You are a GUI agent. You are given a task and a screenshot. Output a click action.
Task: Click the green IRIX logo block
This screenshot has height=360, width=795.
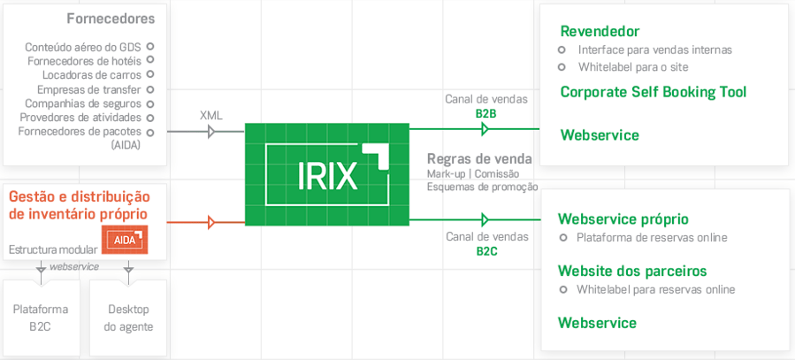[327, 173]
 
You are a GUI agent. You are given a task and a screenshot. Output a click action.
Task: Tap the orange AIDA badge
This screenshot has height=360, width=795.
[125, 240]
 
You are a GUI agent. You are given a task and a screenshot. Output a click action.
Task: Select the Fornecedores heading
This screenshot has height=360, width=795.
[111, 19]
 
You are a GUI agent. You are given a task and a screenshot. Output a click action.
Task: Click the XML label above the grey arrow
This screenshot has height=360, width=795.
[211, 115]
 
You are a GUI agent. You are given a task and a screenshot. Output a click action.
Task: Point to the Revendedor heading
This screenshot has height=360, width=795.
[600, 32]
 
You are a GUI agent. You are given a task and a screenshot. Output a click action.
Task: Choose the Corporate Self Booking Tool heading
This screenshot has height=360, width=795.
[654, 92]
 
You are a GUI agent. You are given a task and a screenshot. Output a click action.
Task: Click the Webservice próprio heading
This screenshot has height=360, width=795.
[623, 218]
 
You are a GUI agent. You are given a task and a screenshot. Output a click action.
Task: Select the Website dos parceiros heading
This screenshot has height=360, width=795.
[632, 271]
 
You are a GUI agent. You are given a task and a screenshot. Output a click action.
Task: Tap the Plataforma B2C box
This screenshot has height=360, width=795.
[42, 318]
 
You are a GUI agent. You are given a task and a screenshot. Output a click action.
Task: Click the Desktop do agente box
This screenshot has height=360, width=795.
[128, 318]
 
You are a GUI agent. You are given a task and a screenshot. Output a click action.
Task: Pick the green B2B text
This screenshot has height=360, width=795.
[486, 113]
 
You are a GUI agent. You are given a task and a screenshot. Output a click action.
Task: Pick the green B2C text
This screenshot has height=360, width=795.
[486, 251]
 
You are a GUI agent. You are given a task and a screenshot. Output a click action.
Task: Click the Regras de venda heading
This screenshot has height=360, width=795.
[479, 159]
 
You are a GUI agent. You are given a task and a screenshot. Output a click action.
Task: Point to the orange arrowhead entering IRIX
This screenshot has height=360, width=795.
[211, 222]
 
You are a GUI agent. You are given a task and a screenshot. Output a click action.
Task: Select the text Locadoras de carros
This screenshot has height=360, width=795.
[92, 75]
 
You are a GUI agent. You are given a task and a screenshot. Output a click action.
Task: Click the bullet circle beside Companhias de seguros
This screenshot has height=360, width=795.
[149, 103]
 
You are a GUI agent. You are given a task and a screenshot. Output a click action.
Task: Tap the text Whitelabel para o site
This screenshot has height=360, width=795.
[633, 67]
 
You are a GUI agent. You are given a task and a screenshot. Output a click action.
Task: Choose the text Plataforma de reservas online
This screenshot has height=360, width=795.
[652, 237]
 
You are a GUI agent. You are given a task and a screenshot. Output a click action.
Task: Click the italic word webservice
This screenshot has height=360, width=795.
[73, 266]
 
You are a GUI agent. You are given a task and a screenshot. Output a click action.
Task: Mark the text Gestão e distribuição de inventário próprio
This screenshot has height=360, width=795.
[79, 205]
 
